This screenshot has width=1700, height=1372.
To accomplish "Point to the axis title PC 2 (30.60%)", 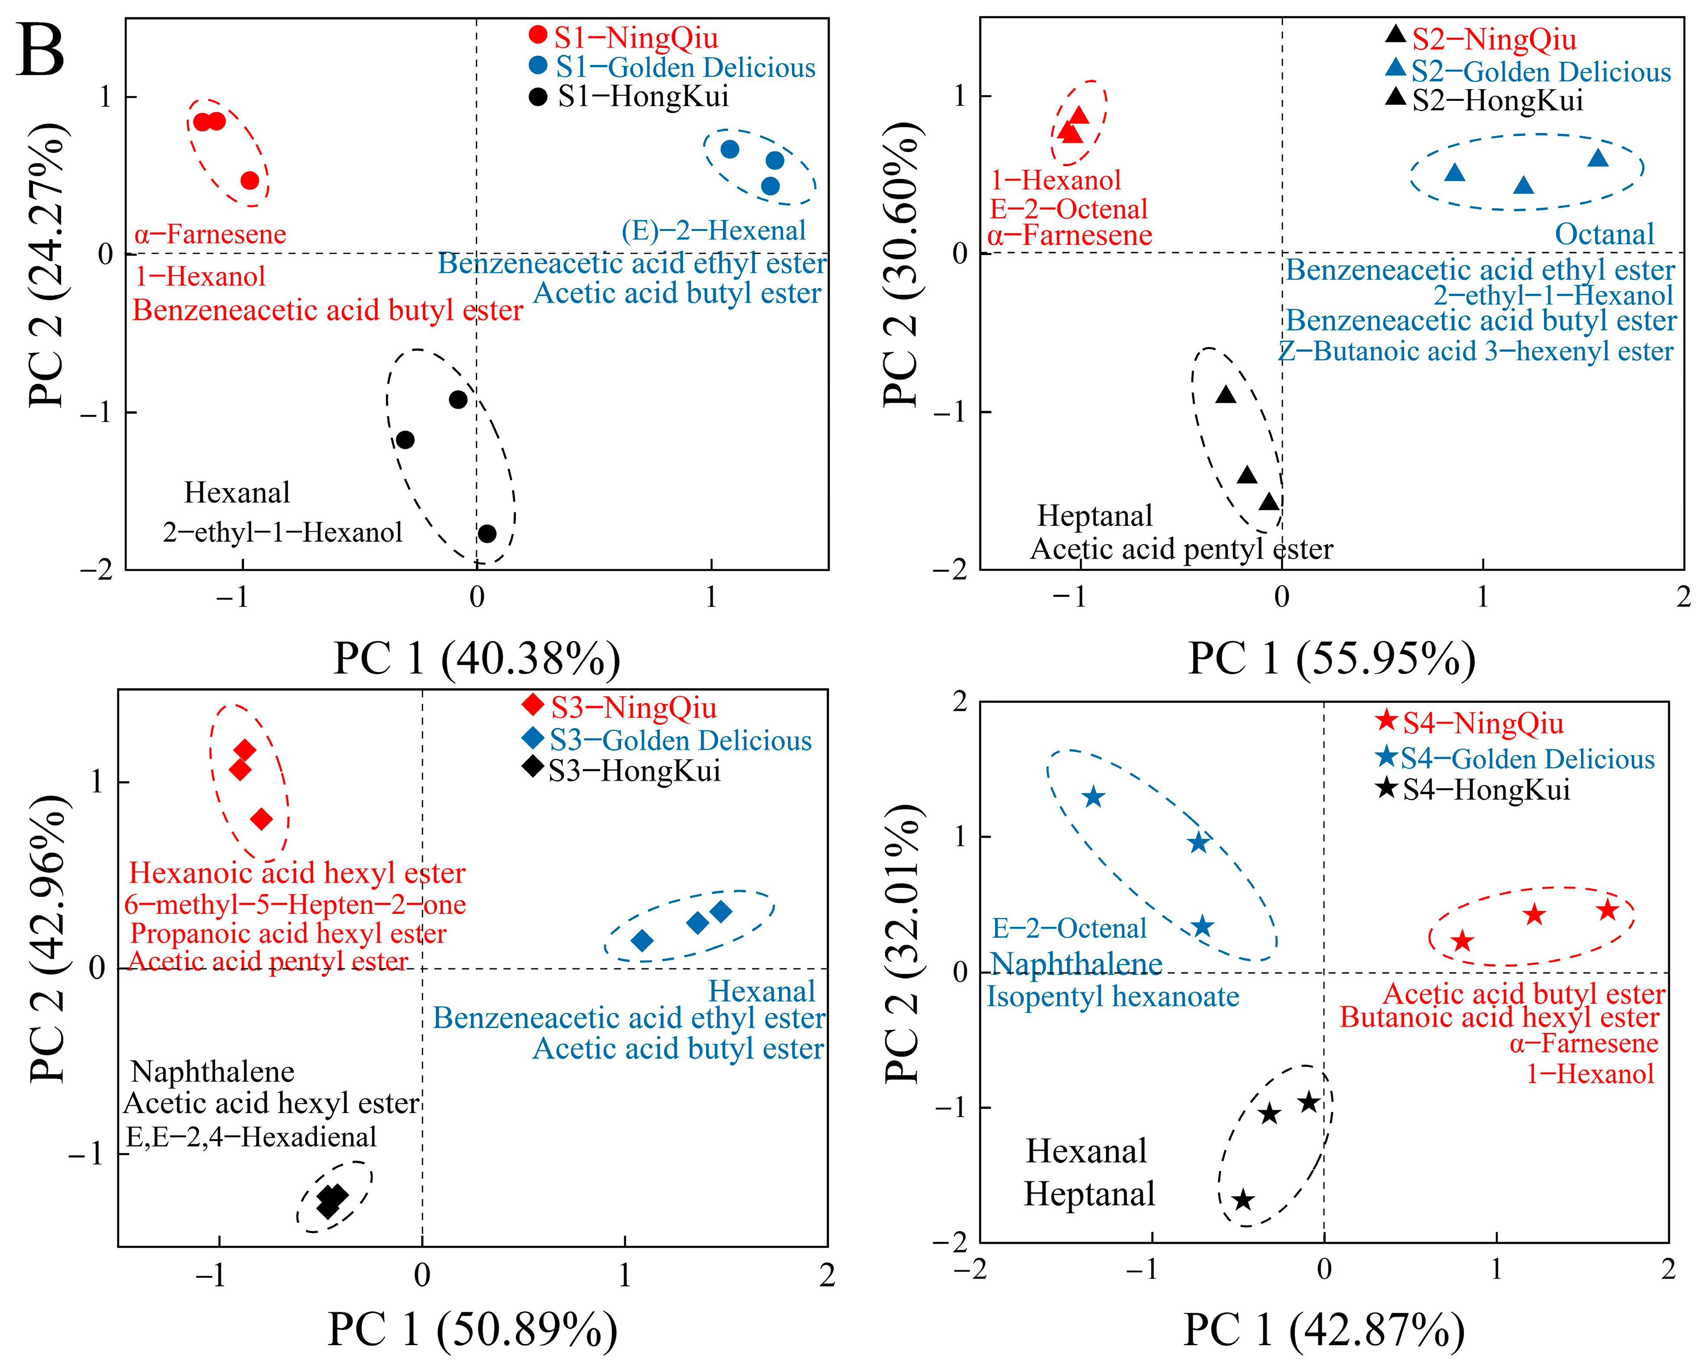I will (901, 265).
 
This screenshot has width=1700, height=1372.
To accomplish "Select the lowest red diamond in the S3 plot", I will (262, 819).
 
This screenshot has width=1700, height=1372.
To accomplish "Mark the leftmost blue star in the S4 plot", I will (1093, 796).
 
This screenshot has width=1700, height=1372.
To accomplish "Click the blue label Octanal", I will (1604, 235).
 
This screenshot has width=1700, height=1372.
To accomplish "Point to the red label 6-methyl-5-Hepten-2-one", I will (295, 904).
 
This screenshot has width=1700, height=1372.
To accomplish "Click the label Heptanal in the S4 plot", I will (1089, 1194).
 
